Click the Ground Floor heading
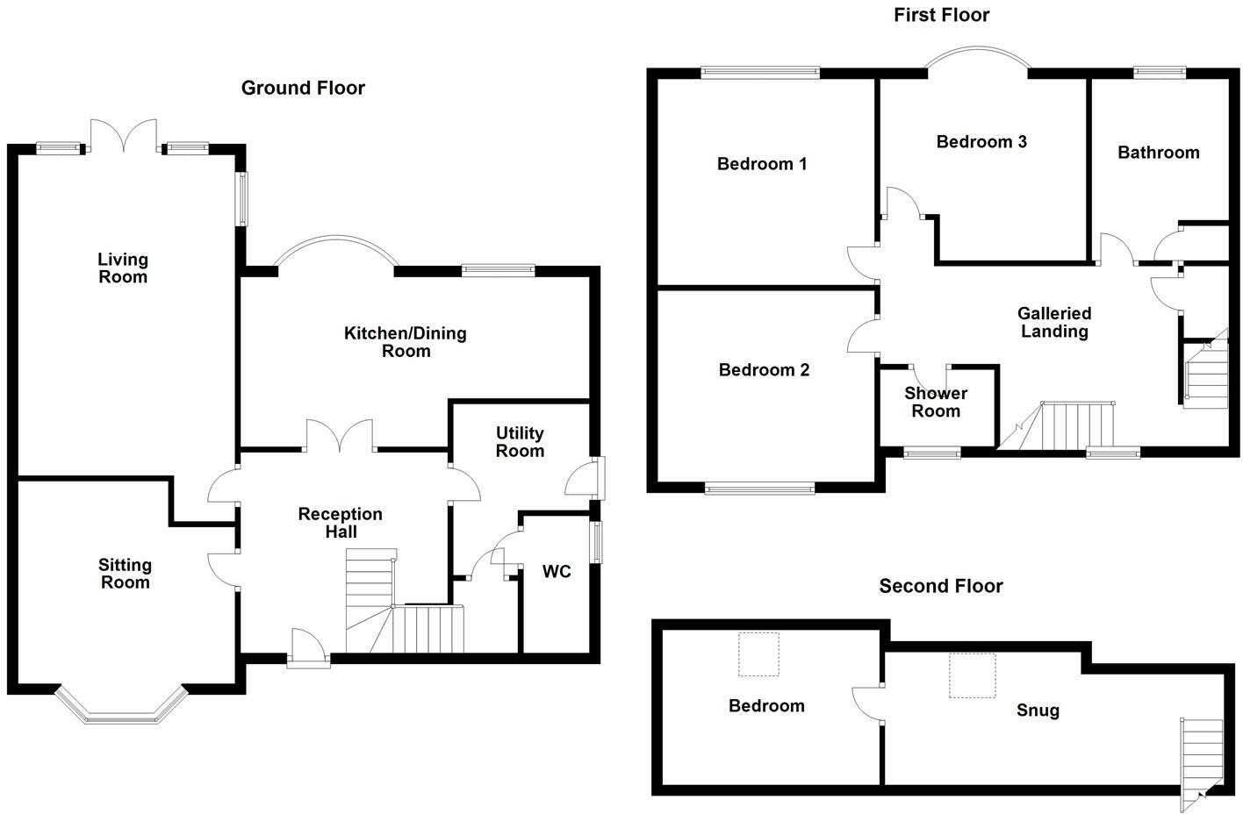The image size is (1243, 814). pyautogui.click(x=303, y=88)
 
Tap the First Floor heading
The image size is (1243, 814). pyautogui.click(x=941, y=15)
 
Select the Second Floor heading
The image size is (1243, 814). pyautogui.click(x=940, y=586)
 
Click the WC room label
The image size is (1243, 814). pyautogui.click(x=557, y=572)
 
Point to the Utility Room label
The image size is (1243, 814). pyautogui.click(x=520, y=442)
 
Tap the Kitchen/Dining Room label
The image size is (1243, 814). pyautogui.click(x=405, y=342)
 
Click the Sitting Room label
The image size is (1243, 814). pyautogui.click(x=125, y=574)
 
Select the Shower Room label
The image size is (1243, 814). pyautogui.click(x=936, y=402)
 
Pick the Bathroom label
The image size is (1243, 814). pyautogui.click(x=1158, y=153)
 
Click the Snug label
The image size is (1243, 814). pyautogui.click(x=1038, y=710)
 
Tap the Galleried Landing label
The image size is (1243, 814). pyautogui.click(x=1054, y=322)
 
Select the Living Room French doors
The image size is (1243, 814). pyautogui.click(x=124, y=136)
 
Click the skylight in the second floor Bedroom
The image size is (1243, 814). pyautogui.click(x=758, y=654)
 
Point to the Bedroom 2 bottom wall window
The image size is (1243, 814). pyautogui.click(x=759, y=488)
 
